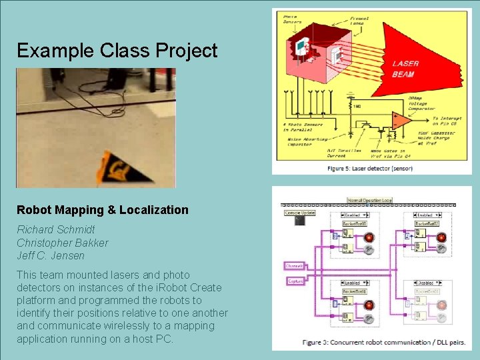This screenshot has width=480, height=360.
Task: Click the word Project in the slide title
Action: pos(186,51)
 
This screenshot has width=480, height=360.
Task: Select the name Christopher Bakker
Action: pos(63,243)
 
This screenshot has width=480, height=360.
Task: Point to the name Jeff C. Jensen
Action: pos(51,256)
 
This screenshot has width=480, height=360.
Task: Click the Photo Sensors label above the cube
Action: pos(291,20)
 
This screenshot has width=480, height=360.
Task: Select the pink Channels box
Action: pos(294,265)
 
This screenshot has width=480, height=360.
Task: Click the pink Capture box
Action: pos(295,281)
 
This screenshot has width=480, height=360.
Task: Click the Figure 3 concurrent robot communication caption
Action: pos(375,343)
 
